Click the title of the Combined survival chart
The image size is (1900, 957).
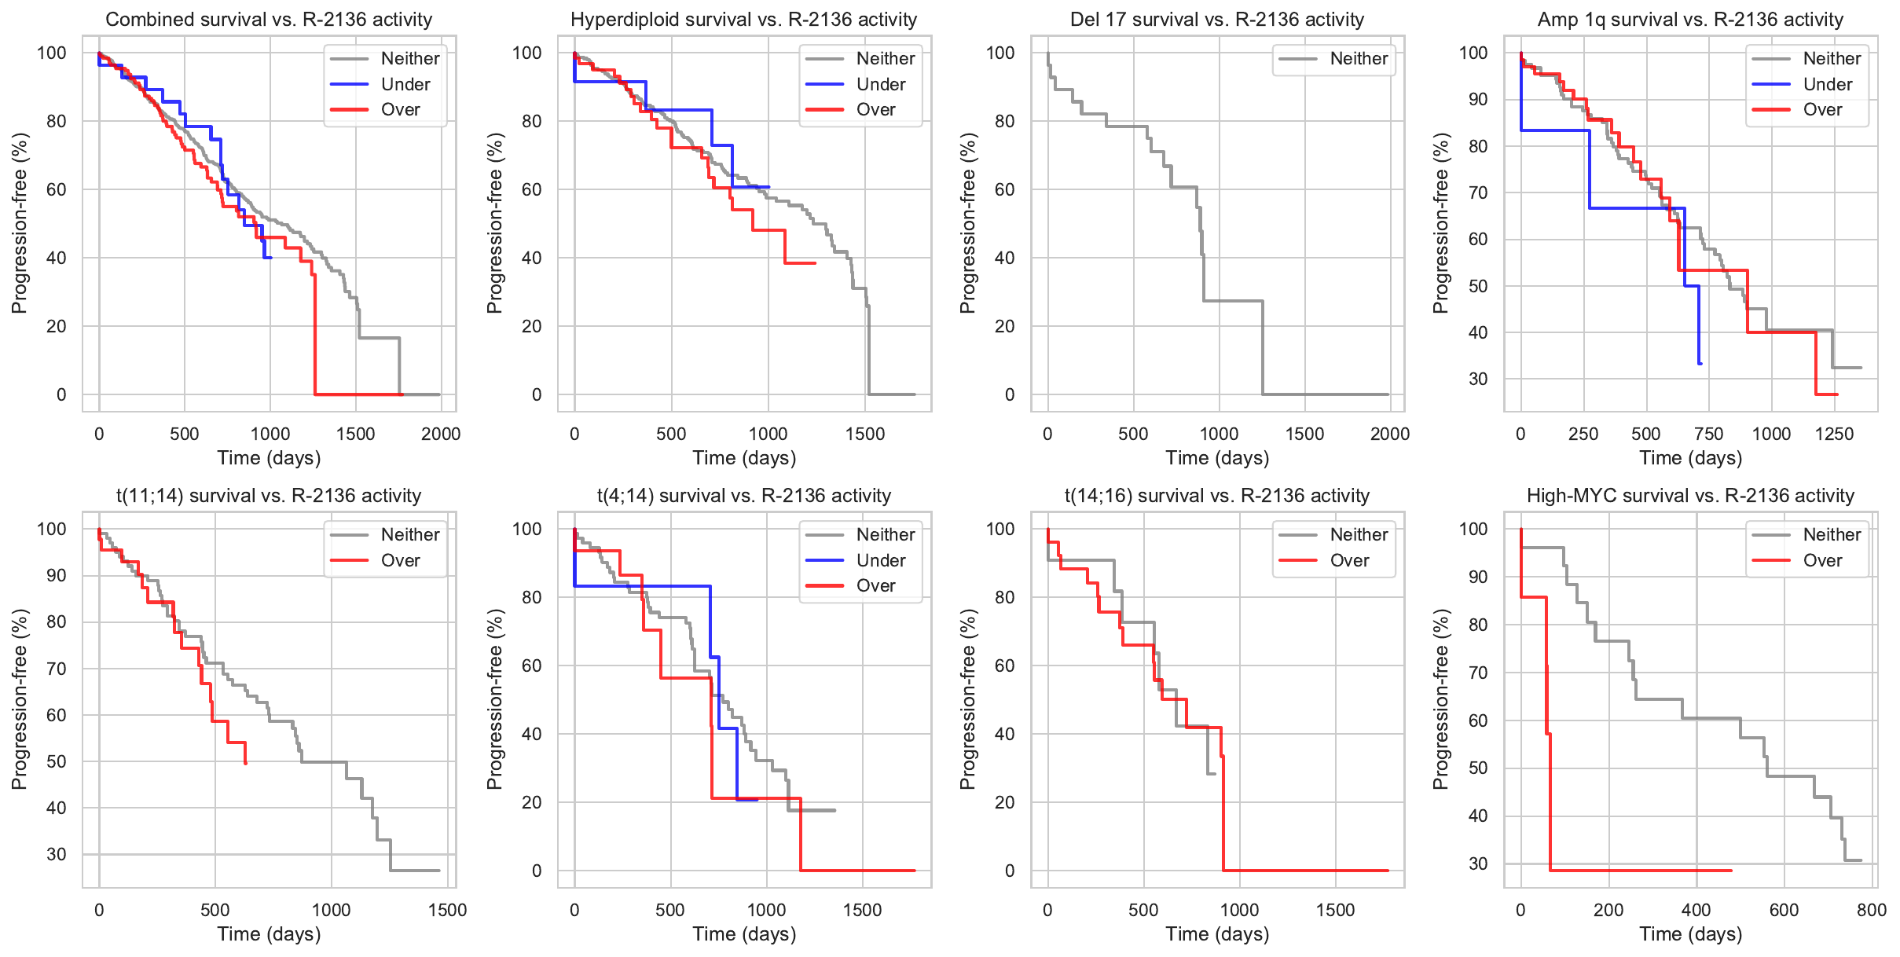coord(269,20)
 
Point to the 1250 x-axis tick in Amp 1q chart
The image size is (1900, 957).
coord(1834,434)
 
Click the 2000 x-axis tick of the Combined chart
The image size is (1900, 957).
coord(441,434)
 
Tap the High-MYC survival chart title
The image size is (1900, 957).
coord(1690,496)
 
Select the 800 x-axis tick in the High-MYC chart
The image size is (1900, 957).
coord(1872,910)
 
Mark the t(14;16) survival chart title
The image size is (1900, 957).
coord(1216,496)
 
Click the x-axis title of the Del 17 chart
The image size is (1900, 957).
coord(1216,458)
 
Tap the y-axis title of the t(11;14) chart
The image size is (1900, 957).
coord(20,699)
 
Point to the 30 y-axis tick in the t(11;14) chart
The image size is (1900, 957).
coord(57,854)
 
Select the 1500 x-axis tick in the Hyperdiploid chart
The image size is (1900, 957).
coord(865,434)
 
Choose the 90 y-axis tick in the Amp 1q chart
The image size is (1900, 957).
coord(1478,99)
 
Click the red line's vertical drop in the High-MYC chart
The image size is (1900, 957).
coord(1549,786)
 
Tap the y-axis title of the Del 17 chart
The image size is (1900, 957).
coord(968,223)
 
